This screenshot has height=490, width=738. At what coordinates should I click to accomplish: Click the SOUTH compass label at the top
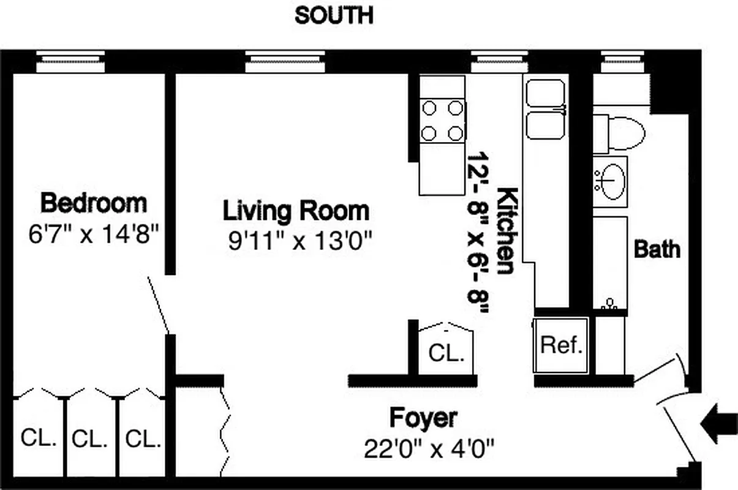(333, 15)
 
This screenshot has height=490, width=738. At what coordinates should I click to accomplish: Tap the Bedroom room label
(94, 202)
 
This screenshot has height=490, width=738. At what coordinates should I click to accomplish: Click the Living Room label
(296, 211)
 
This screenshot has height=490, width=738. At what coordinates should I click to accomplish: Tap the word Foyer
(423, 418)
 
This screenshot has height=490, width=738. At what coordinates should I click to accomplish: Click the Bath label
(657, 249)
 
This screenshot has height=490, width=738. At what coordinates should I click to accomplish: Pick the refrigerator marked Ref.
(561, 345)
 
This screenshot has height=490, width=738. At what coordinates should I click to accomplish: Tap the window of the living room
(285, 61)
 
